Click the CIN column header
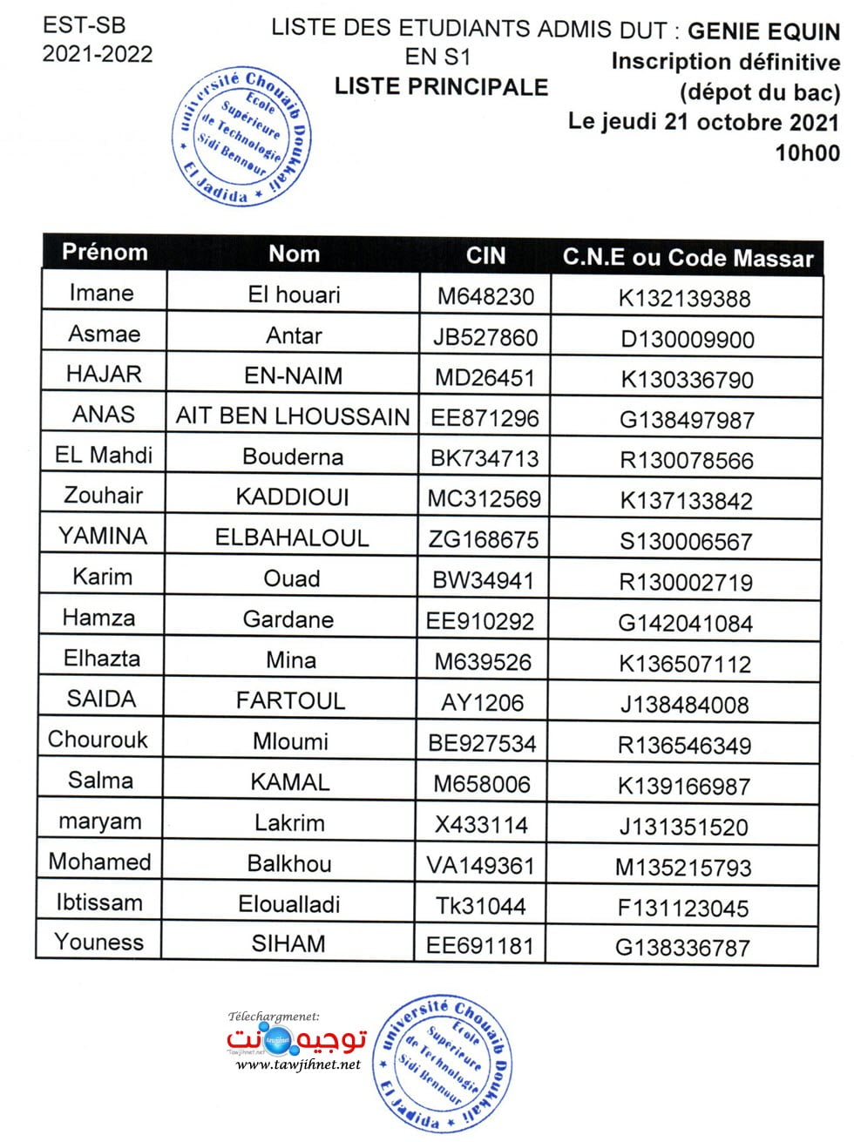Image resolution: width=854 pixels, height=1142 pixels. pos(485,255)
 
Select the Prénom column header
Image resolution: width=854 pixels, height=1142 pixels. pos(105,253)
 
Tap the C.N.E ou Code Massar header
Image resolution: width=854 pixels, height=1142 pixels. pos(688,258)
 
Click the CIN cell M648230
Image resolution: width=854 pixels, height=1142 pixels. pos(485,296)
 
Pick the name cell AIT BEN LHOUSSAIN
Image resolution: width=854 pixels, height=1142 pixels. pos(293,416)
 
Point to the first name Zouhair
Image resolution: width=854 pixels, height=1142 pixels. pos(103,496)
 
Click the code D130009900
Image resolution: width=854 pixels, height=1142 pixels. pos(687,339)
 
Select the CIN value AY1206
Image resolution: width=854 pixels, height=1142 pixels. pos(482,702)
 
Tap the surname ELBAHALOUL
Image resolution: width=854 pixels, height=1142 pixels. pos(292,537)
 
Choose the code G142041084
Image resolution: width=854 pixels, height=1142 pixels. pos(685,623)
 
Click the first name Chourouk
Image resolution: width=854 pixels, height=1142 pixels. pos(98,740)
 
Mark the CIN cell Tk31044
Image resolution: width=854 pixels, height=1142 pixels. pos(480,906)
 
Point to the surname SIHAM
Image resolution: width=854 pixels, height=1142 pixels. pos(288,944)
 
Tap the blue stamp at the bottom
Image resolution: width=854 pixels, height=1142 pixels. pos(442,1063)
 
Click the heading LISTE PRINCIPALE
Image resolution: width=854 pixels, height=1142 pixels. pos(441,87)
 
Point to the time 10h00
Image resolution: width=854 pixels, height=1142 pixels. pos(807,153)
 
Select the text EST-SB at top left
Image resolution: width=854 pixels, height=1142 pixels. pos(84,24)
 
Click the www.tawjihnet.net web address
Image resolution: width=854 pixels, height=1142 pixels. pos(298,1064)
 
